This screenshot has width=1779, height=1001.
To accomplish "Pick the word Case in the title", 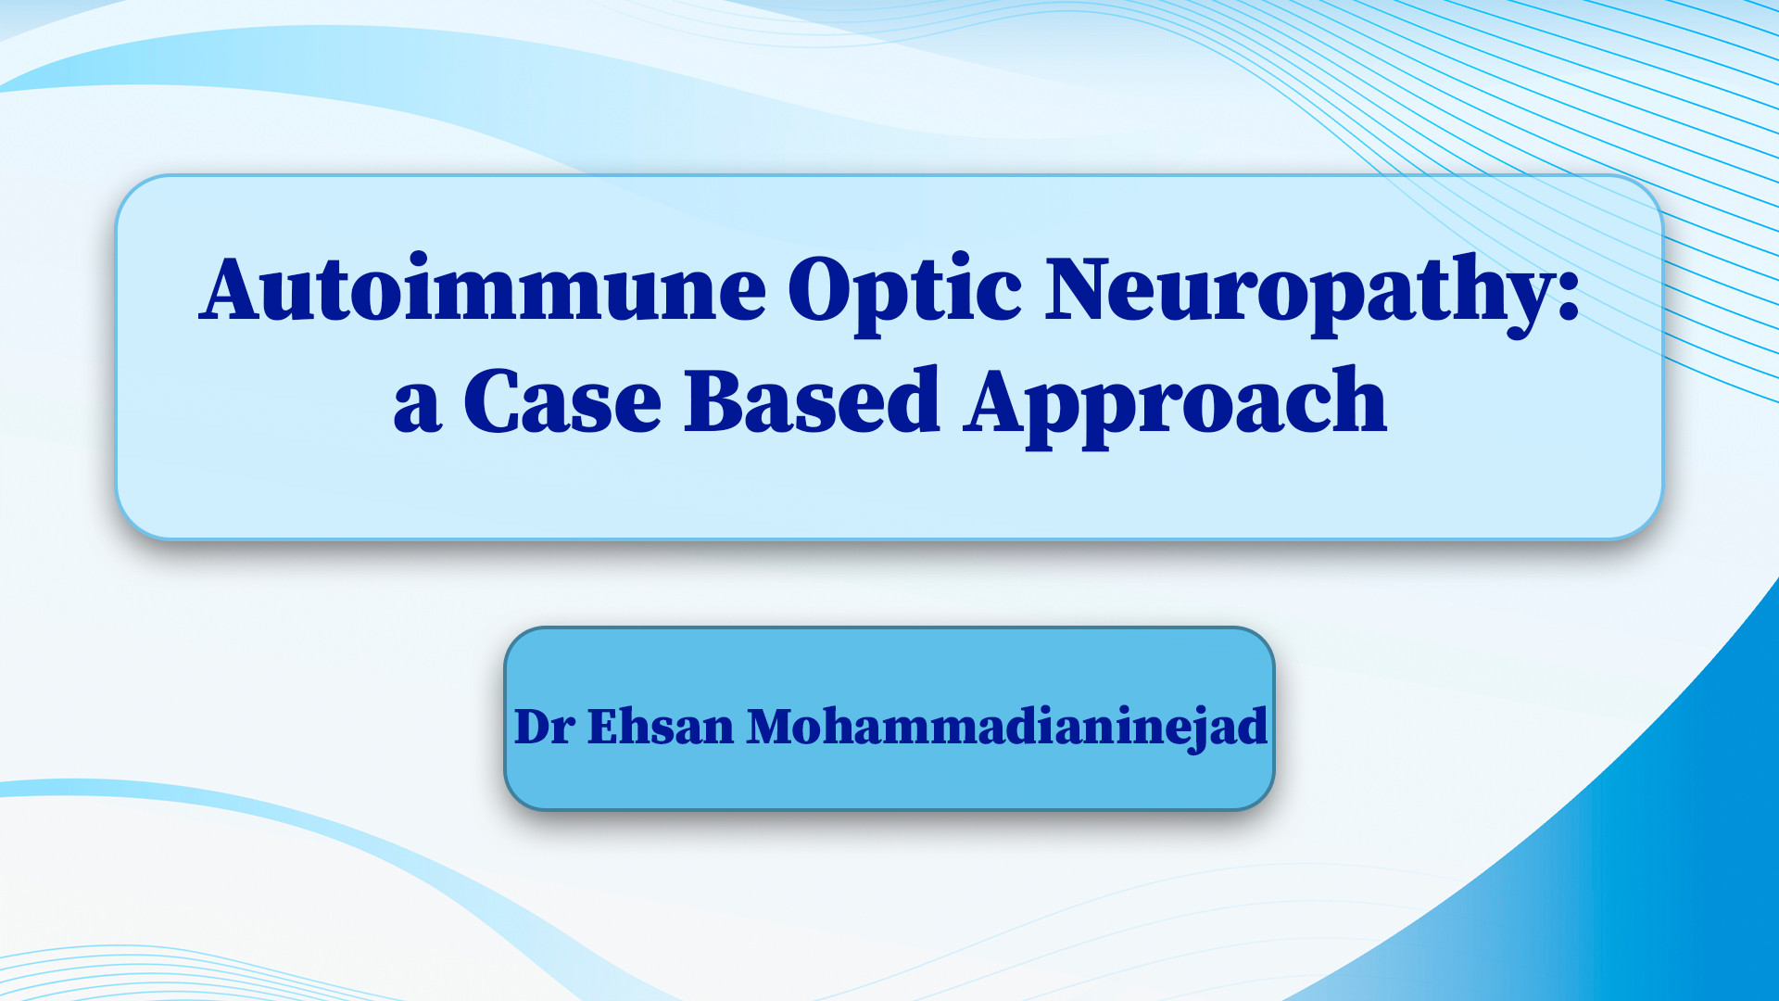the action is [562, 399].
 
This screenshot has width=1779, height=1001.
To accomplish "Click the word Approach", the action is [1175, 405].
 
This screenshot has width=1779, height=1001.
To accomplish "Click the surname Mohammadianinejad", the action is [1007, 729].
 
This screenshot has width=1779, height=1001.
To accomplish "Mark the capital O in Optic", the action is [823, 288].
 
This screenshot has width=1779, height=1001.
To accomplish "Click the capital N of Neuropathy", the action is [1083, 288].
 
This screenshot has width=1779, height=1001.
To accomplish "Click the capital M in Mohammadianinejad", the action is [774, 727].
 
